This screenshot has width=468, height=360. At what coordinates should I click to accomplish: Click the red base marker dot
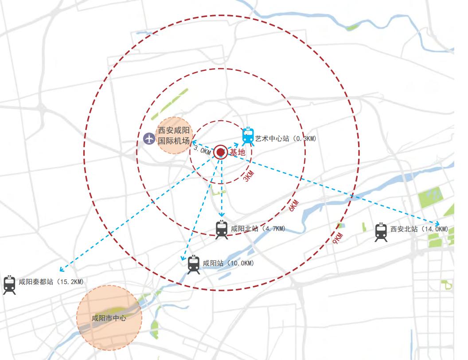coord(221,152)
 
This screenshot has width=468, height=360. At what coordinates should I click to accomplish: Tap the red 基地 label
coord(237,153)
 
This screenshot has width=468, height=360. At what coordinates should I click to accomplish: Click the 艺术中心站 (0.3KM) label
coord(285,139)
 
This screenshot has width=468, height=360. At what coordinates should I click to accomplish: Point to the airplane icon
coord(149,139)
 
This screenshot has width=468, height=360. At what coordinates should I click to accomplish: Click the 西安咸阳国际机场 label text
coord(174,136)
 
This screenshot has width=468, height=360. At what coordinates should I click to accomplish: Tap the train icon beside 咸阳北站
coord(222,230)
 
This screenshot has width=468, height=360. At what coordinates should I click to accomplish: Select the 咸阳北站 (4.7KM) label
coord(257,229)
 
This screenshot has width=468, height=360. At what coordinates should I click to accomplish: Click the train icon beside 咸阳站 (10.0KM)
coord(194,265)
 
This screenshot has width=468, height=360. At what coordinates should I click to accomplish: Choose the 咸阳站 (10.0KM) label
coord(228,263)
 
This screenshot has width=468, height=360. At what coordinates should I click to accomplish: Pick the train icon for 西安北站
coord(381,232)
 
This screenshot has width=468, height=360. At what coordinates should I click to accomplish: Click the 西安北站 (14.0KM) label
coord(419,229)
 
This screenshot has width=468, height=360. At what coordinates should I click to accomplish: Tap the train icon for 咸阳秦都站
coord(9,285)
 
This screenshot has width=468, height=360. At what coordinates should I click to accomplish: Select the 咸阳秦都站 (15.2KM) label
coord(51,282)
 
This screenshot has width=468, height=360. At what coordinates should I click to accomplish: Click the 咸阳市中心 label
coord(109,318)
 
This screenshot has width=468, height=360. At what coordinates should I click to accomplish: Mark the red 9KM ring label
coord(338,238)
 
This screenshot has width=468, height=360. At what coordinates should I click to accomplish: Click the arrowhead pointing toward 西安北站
coord(438,223)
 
